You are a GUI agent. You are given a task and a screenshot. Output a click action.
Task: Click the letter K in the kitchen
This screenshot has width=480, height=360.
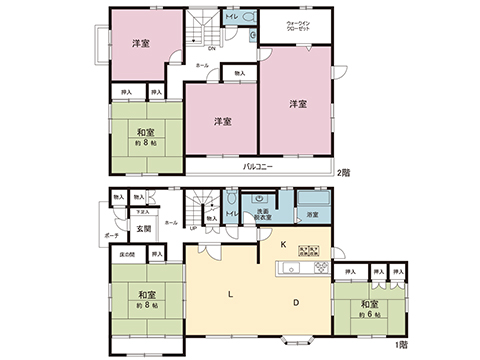(x=283, y=244)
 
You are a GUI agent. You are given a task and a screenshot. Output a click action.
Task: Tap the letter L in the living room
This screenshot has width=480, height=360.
(x=230, y=294)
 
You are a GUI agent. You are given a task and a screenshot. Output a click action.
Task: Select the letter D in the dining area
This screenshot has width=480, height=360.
(x=297, y=303)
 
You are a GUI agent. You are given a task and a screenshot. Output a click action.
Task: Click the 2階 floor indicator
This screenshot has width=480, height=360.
(x=344, y=172)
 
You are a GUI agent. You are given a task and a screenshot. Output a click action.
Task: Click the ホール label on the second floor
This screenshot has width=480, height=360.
(x=202, y=63)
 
